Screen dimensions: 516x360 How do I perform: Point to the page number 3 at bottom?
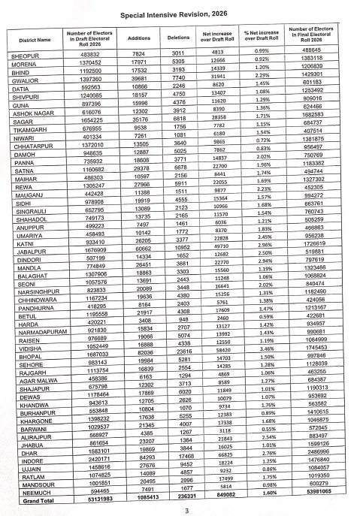[x=186, y=511]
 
